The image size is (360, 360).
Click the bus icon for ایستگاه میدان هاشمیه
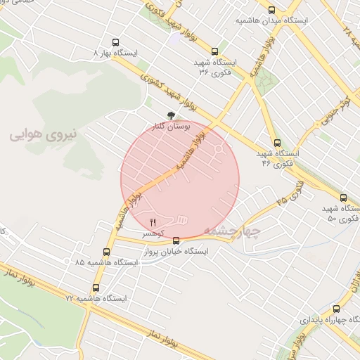[x=272, y=10]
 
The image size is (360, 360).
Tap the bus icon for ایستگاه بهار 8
[x=116, y=42]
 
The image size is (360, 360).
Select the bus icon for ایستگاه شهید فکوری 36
[x=214, y=51]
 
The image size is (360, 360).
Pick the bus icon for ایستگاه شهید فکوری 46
[x=277, y=143]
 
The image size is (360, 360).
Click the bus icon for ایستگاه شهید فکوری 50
[x=343, y=198]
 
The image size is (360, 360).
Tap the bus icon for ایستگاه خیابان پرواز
[x=176, y=241]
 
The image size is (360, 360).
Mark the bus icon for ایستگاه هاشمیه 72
[x=96, y=288]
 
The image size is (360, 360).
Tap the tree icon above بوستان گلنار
[x=170, y=115]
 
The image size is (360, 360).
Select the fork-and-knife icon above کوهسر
[x=153, y=222]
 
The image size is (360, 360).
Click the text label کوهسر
[x=153, y=233]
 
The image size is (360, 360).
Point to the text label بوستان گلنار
[x=172, y=127]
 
